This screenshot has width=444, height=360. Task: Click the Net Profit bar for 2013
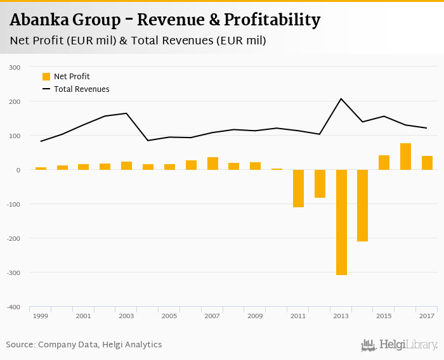click(x=341, y=222)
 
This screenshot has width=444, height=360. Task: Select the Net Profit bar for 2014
click(x=363, y=205)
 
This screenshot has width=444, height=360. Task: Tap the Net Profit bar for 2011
click(x=298, y=188)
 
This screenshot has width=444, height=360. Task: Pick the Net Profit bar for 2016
click(x=406, y=157)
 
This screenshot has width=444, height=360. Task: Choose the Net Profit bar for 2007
click(x=212, y=164)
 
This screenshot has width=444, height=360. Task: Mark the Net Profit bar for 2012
click(x=320, y=184)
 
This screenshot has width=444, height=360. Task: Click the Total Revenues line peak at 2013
click(x=341, y=99)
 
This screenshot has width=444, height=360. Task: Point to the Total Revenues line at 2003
click(x=126, y=113)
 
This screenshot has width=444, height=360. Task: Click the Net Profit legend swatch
click(x=46, y=77)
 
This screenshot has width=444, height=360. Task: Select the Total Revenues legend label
click(x=82, y=89)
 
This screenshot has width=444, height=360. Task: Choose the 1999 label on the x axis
click(x=41, y=316)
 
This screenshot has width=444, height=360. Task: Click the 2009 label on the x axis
click(x=255, y=316)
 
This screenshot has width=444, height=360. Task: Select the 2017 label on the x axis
click(x=427, y=316)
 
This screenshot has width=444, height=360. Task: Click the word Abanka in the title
click(x=40, y=20)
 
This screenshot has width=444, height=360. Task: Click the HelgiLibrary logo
click(x=399, y=345)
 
